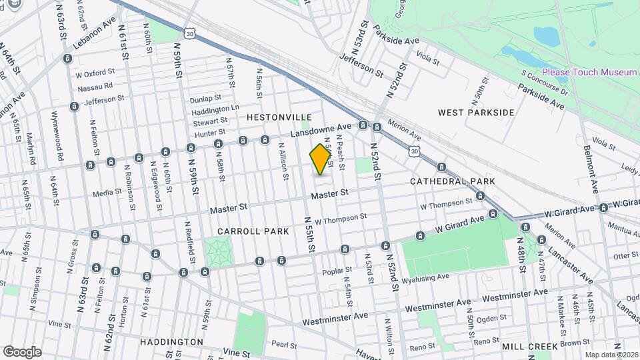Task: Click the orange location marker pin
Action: coord(321,159)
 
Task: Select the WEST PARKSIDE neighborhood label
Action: coord(476,112)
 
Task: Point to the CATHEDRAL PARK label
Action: coord(452,181)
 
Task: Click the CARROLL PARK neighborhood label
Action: coord(253,231)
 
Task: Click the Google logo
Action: coord(21,351)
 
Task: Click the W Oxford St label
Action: coord(95,74)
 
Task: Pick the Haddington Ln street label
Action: coord(215,108)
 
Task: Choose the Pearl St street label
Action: coord(284,345)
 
